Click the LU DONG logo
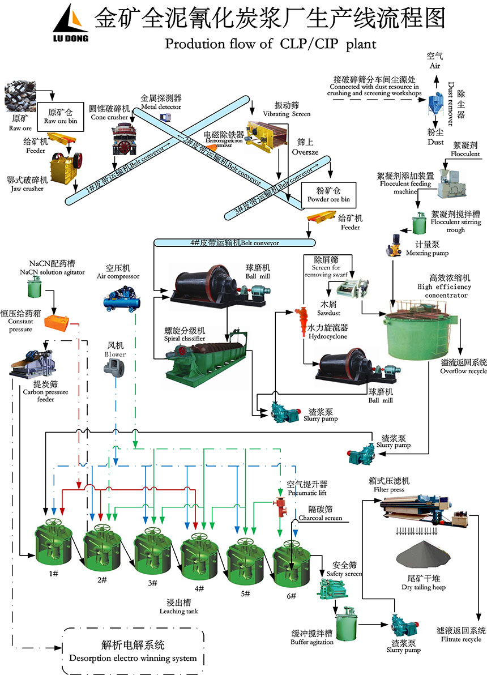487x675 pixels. click(x=71, y=26)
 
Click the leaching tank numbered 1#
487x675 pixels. click(x=54, y=544)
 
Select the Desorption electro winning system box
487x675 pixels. click(x=133, y=651)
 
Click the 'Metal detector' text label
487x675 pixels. click(x=161, y=102)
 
